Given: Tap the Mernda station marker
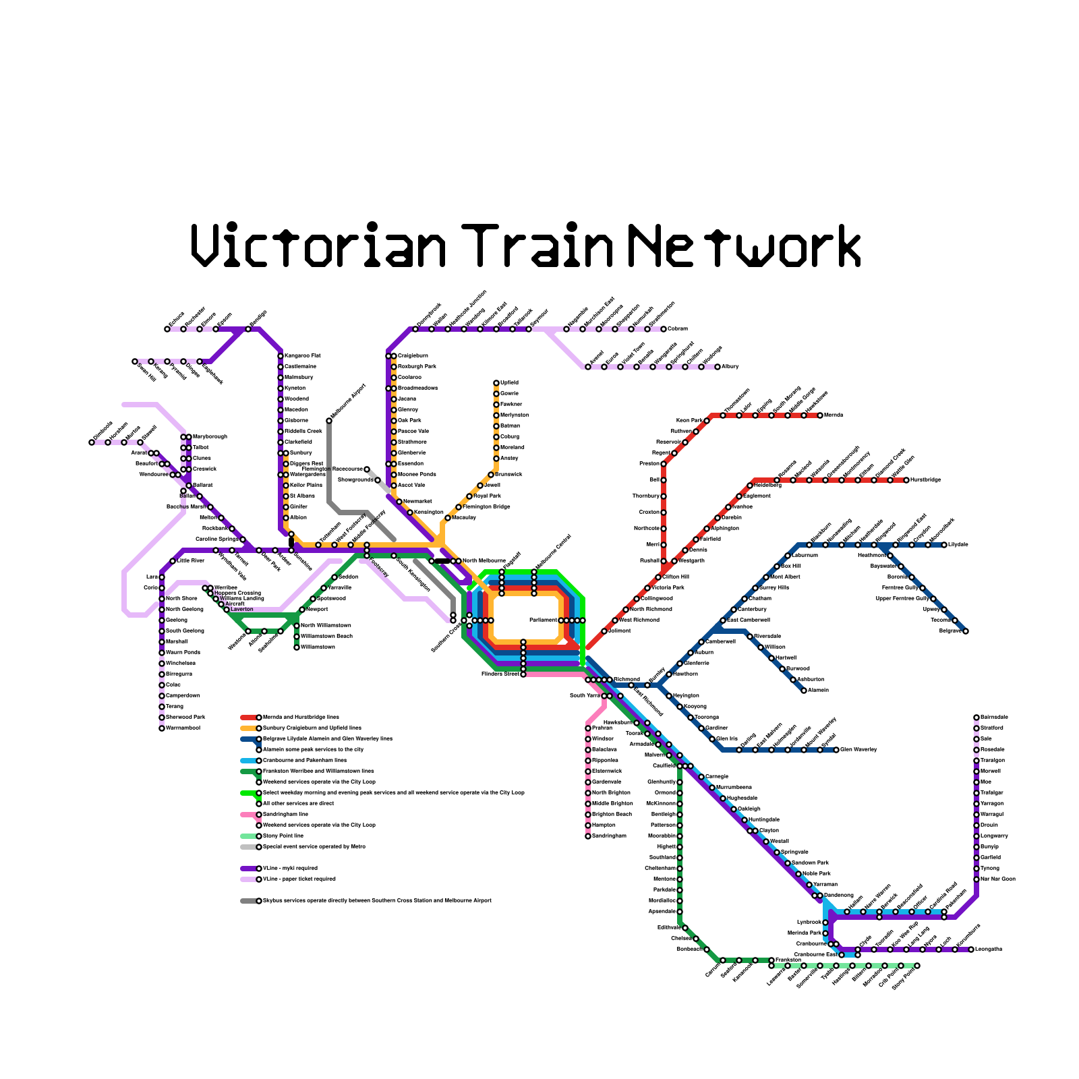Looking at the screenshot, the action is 820,415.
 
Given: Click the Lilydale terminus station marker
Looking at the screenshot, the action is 944,545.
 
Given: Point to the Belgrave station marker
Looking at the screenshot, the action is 966,631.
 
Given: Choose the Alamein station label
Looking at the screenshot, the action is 818,691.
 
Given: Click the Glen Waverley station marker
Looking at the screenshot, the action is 836,750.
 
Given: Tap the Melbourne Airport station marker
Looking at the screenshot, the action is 329,421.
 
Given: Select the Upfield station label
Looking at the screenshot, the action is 510,383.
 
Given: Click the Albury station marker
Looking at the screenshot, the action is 718,367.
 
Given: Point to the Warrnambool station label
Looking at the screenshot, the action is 183,728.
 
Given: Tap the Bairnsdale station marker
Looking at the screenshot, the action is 976,718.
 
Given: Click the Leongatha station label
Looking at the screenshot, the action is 989,950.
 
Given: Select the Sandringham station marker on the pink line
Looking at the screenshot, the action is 588,836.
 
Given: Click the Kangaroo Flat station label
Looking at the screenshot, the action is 303,356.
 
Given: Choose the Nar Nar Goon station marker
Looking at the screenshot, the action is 976,879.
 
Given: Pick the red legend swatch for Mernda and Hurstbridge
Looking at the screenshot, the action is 248,718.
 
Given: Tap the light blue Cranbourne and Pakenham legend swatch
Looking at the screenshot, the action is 248,761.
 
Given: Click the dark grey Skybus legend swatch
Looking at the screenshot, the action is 248,901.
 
